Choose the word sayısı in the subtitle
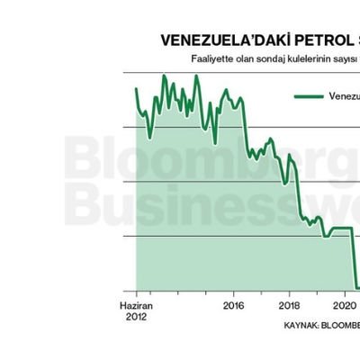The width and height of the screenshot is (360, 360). pos(348,59)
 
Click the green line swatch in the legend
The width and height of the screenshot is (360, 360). pos(309,96)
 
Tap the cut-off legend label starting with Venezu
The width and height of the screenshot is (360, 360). pos(345,96)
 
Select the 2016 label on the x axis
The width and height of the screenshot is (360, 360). pos(233,305)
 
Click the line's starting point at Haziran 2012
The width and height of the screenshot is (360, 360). pos(136,88)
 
